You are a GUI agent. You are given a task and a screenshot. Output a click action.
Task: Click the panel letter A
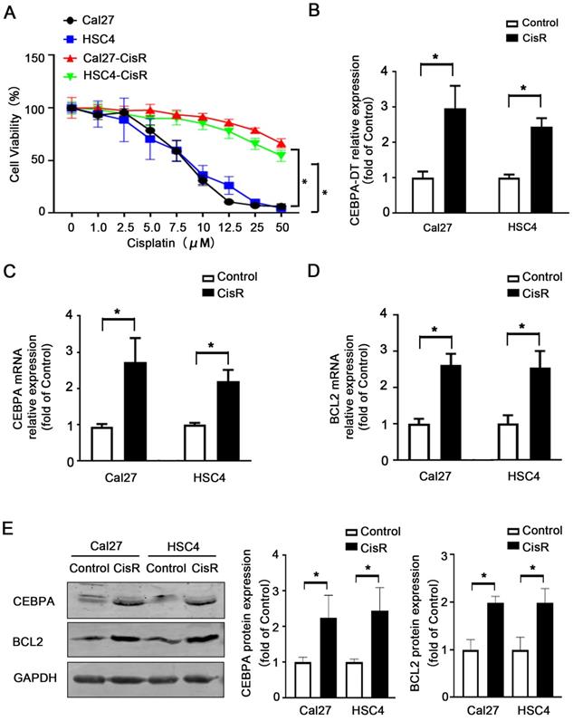[13, 12]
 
